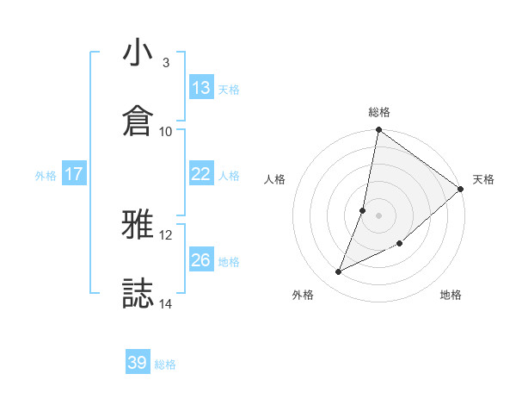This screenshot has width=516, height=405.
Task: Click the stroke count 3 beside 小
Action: click(166, 63)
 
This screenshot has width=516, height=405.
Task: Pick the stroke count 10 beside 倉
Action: click(166, 131)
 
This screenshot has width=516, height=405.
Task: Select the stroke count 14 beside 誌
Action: click(166, 303)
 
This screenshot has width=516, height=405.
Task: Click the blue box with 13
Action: click(201, 88)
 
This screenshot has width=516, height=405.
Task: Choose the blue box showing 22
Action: click(201, 174)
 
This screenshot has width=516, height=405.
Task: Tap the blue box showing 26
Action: click(201, 260)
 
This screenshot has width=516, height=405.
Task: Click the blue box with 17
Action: click(74, 174)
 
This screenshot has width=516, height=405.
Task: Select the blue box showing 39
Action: click(138, 363)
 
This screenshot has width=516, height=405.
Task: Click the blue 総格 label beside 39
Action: click(165, 364)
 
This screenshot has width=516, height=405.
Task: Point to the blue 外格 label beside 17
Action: click(46, 176)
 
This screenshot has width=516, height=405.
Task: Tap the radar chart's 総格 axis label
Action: click(379, 112)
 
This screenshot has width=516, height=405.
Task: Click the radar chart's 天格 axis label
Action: click(483, 179)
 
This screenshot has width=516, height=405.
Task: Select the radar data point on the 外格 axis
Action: click(339, 272)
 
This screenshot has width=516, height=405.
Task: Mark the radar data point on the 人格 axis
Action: click(363, 209)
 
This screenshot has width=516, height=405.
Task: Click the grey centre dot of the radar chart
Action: click(378, 215)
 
